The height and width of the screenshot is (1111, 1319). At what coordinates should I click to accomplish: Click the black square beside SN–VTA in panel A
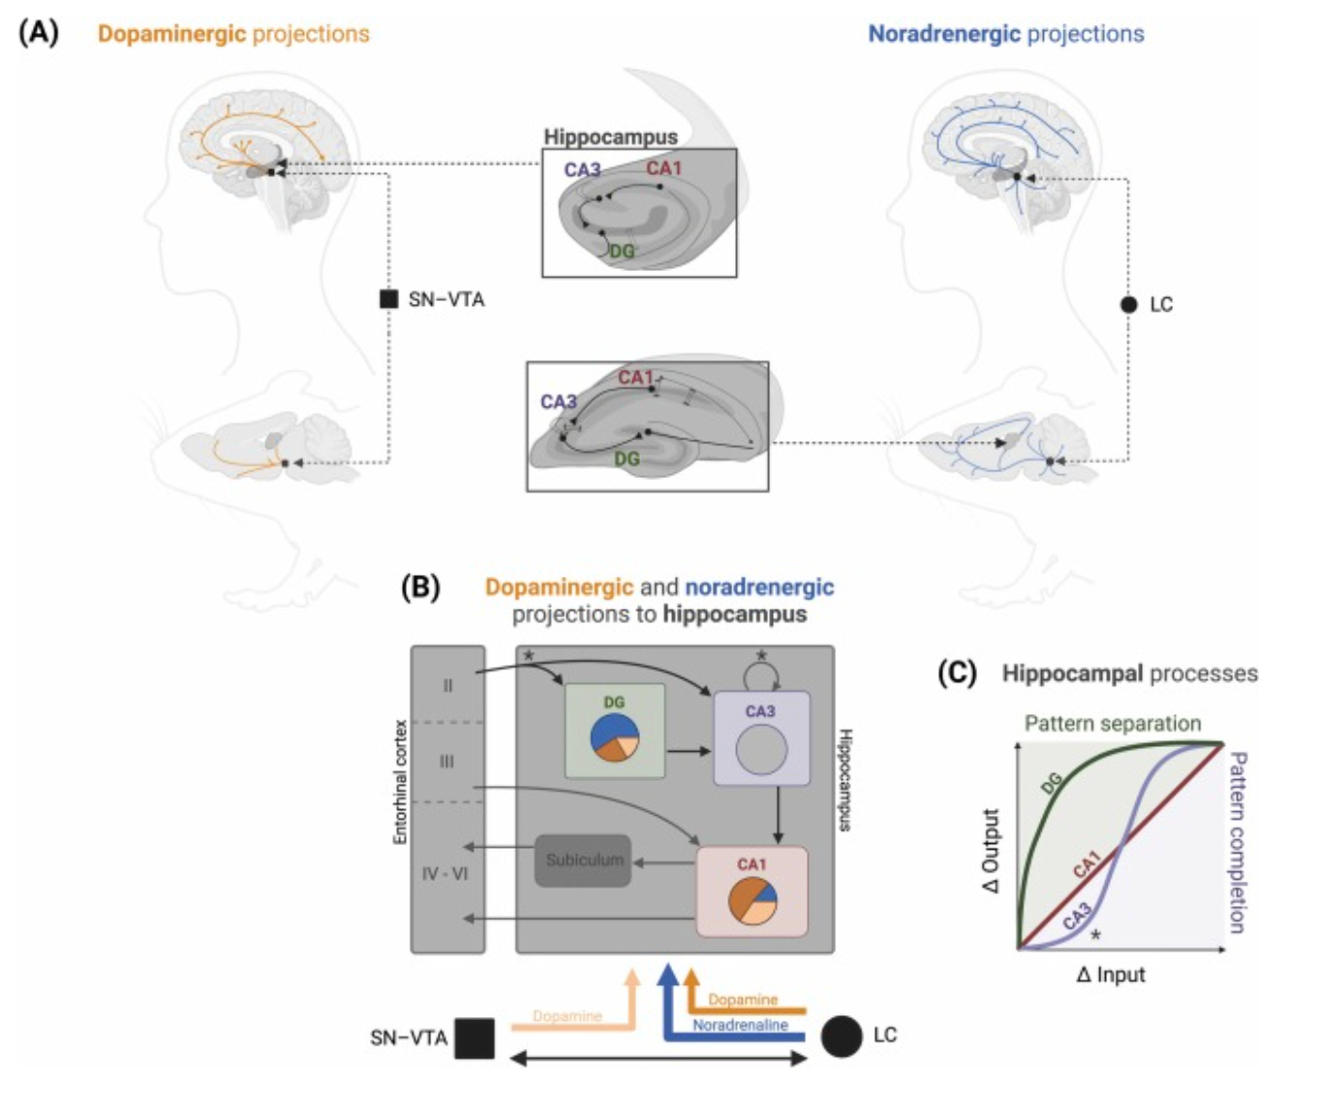coord(388,299)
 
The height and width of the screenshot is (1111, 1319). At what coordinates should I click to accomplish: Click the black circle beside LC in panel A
coord(1128,304)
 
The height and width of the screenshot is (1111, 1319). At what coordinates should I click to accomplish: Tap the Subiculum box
coord(583,860)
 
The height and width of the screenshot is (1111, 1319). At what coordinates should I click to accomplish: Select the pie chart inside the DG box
coord(614,737)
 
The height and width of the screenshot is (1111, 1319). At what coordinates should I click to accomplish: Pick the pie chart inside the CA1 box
coord(752,900)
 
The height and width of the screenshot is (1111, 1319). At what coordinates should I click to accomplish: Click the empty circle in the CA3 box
coord(761,750)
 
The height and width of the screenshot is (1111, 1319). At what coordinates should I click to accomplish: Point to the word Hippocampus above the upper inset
coord(610,136)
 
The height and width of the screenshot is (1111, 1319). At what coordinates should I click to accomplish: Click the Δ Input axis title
coord(1110,975)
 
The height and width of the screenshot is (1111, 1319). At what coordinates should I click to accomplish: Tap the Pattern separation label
coord(1113,723)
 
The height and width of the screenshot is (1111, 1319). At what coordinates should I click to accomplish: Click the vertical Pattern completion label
coord(1237,842)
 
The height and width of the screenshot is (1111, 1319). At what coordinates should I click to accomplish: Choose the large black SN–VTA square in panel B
coord(475,1038)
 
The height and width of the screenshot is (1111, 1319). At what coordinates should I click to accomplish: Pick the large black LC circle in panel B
coord(841,1036)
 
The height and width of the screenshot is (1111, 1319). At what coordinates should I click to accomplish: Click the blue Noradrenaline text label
coord(740,1025)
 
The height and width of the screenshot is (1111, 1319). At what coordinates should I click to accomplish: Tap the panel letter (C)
coord(957,673)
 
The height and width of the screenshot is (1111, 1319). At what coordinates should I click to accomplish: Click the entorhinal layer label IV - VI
coord(445,874)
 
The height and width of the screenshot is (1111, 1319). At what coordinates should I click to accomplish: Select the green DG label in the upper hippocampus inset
coord(622,252)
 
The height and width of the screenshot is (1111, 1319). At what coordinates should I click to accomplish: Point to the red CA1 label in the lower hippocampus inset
coord(635,377)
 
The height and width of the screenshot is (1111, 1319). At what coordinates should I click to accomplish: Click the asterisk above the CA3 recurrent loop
coord(761,656)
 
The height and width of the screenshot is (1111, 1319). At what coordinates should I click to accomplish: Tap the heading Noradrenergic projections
coord(1005,34)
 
